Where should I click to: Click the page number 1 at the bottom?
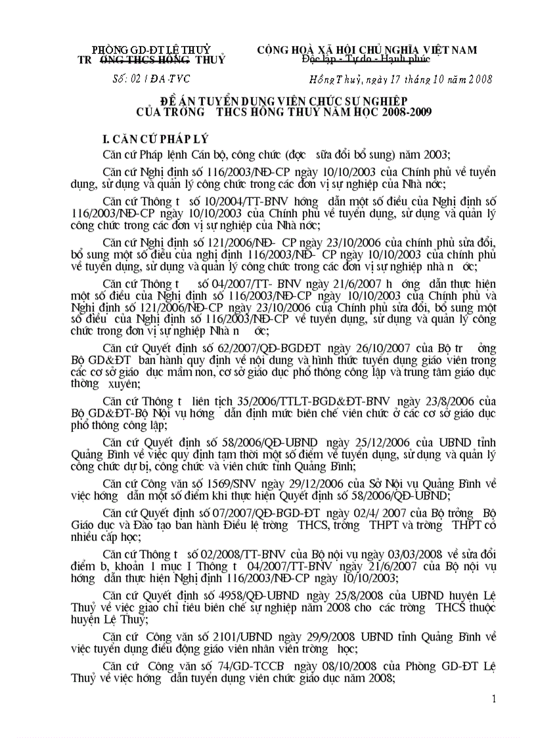[x=494, y=699]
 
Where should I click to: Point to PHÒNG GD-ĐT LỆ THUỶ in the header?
[x=151, y=50]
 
